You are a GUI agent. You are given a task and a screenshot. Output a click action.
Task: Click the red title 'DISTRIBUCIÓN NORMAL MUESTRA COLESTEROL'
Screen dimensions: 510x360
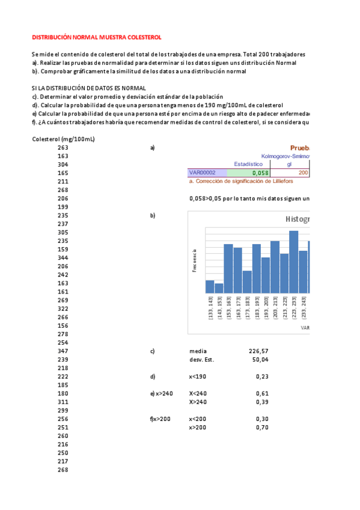point(96,37)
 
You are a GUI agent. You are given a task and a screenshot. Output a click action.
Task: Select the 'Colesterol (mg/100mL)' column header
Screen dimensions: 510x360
point(63,139)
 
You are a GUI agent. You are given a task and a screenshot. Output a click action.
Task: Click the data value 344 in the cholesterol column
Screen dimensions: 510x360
point(63,257)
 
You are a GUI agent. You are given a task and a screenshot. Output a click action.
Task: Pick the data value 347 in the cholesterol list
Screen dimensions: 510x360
point(63,351)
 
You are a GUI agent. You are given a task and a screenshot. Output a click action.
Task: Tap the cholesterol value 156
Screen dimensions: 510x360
point(63,325)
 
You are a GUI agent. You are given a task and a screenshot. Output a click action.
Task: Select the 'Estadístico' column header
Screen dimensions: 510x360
point(248,164)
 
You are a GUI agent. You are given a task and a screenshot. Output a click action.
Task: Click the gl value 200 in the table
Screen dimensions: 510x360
point(303,172)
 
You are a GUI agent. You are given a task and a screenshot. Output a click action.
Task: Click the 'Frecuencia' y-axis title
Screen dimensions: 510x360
point(194,260)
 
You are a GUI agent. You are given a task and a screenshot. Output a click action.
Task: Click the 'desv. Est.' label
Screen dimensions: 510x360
point(201,360)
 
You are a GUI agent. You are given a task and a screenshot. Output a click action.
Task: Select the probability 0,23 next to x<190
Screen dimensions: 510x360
point(262,376)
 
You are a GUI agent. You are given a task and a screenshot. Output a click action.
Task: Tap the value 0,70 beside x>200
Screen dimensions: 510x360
point(262,427)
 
